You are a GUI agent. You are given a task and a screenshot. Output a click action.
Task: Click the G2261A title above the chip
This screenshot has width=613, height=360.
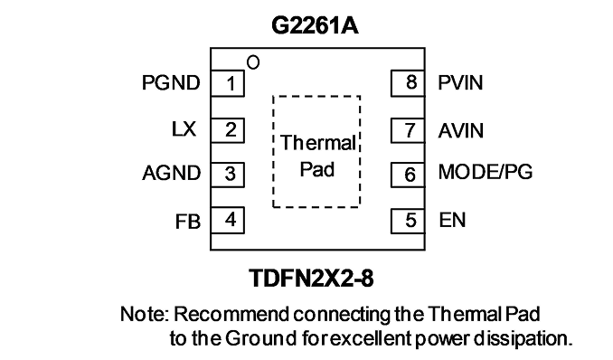tap(315, 26)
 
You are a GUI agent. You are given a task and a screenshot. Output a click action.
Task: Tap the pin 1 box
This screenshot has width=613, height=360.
tap(228, 83)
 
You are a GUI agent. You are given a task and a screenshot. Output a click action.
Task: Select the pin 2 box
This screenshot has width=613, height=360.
tap(228, 130)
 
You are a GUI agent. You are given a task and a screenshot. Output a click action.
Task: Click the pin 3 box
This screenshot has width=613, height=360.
tap(228, 175)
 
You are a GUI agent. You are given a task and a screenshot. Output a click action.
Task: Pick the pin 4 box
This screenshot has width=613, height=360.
tap(228, 221)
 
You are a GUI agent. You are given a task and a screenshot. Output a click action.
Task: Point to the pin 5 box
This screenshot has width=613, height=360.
tap(408, 221)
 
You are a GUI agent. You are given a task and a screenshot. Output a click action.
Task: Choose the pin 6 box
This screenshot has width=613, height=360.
tap(408, 175)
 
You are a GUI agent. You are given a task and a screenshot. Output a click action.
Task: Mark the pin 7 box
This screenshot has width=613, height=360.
tap(408, 130)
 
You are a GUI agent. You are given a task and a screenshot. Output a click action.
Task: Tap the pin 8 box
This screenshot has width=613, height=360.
tap(408, 83)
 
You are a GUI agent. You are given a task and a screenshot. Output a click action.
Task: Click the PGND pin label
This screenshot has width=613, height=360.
tap(171, 83)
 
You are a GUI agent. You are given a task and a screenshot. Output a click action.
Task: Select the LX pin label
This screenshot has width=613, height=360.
tap(184, 129)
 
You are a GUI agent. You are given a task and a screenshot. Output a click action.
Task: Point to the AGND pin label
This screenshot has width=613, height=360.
tap(171, 173)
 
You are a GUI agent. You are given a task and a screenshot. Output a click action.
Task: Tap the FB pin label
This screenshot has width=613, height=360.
tap(188, 222)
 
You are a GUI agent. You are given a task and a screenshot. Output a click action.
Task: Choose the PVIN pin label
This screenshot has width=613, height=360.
tap(460, 82)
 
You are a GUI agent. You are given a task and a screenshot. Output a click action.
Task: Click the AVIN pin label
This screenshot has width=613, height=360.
tap(461, 130)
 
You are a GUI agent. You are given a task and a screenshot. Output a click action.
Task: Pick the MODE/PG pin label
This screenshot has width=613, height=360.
tap(486, 172)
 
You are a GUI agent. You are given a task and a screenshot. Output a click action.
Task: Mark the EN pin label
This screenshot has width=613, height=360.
tap(452, 220)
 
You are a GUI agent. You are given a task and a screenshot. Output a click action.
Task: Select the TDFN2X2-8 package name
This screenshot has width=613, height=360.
tap(312, 279)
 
